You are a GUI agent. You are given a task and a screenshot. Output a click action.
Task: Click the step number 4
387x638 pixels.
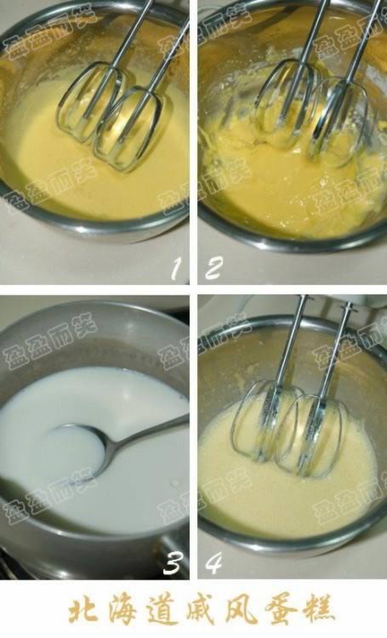(213, 562)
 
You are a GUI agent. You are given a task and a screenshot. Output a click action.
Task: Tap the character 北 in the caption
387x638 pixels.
(83, 610)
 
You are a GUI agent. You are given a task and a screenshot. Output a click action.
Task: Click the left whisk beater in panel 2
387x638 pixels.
(285, 106)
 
